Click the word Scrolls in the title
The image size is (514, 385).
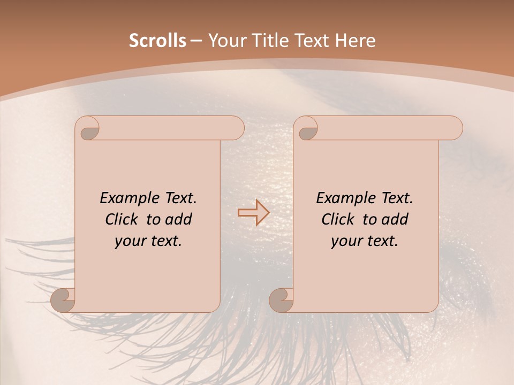coord(157,41)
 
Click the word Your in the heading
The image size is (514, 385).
coord(225,41)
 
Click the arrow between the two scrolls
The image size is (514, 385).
coord(254,213)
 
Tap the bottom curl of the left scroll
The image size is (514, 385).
coord(63,300)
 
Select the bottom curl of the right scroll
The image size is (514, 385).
coord(282,300)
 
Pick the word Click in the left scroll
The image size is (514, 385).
coord(121,219)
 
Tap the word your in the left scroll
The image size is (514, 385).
coord(128,241)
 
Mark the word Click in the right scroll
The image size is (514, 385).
coord(337,219)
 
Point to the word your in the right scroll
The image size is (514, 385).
coord(344,241)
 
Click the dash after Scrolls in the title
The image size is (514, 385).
coord(196,41)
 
